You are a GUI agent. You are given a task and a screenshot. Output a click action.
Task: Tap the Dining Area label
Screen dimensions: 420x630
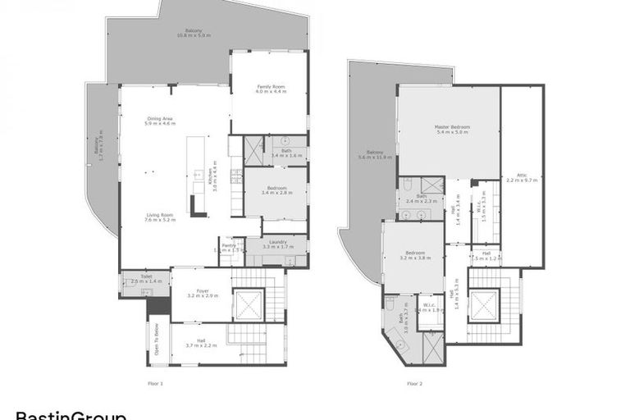[x=160, y=120]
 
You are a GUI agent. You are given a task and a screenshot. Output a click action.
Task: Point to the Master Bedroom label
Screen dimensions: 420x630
[x=452, y=130]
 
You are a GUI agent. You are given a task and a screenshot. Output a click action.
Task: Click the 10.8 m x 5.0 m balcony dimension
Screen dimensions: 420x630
[x=194, y=35]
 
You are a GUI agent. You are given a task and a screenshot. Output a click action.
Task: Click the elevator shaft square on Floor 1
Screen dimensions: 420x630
[x=248, y=306]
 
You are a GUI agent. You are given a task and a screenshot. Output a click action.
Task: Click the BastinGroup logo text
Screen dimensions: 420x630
[x=71, y=415]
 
